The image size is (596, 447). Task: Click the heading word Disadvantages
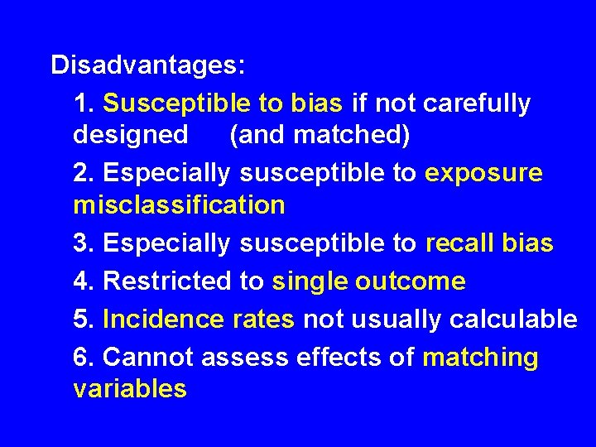click(x=147, y=65)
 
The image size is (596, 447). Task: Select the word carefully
click(x=476, y=103)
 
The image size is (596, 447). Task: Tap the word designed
click(x=131, y=134)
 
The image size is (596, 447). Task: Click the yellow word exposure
click(x=483, y=173)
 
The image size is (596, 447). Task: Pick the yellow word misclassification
click(x=179, y=204)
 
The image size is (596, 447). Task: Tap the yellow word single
click(x=310, y=281)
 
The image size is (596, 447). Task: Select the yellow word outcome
click(x=411, y=281)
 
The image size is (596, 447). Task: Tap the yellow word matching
click(x=480, y=358)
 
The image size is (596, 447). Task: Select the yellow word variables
click(x=130, y=388)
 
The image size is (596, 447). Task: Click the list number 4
click(x=83, y=281)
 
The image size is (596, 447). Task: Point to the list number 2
click(x=83, y=173)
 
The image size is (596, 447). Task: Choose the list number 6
click(x=83, y=358)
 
